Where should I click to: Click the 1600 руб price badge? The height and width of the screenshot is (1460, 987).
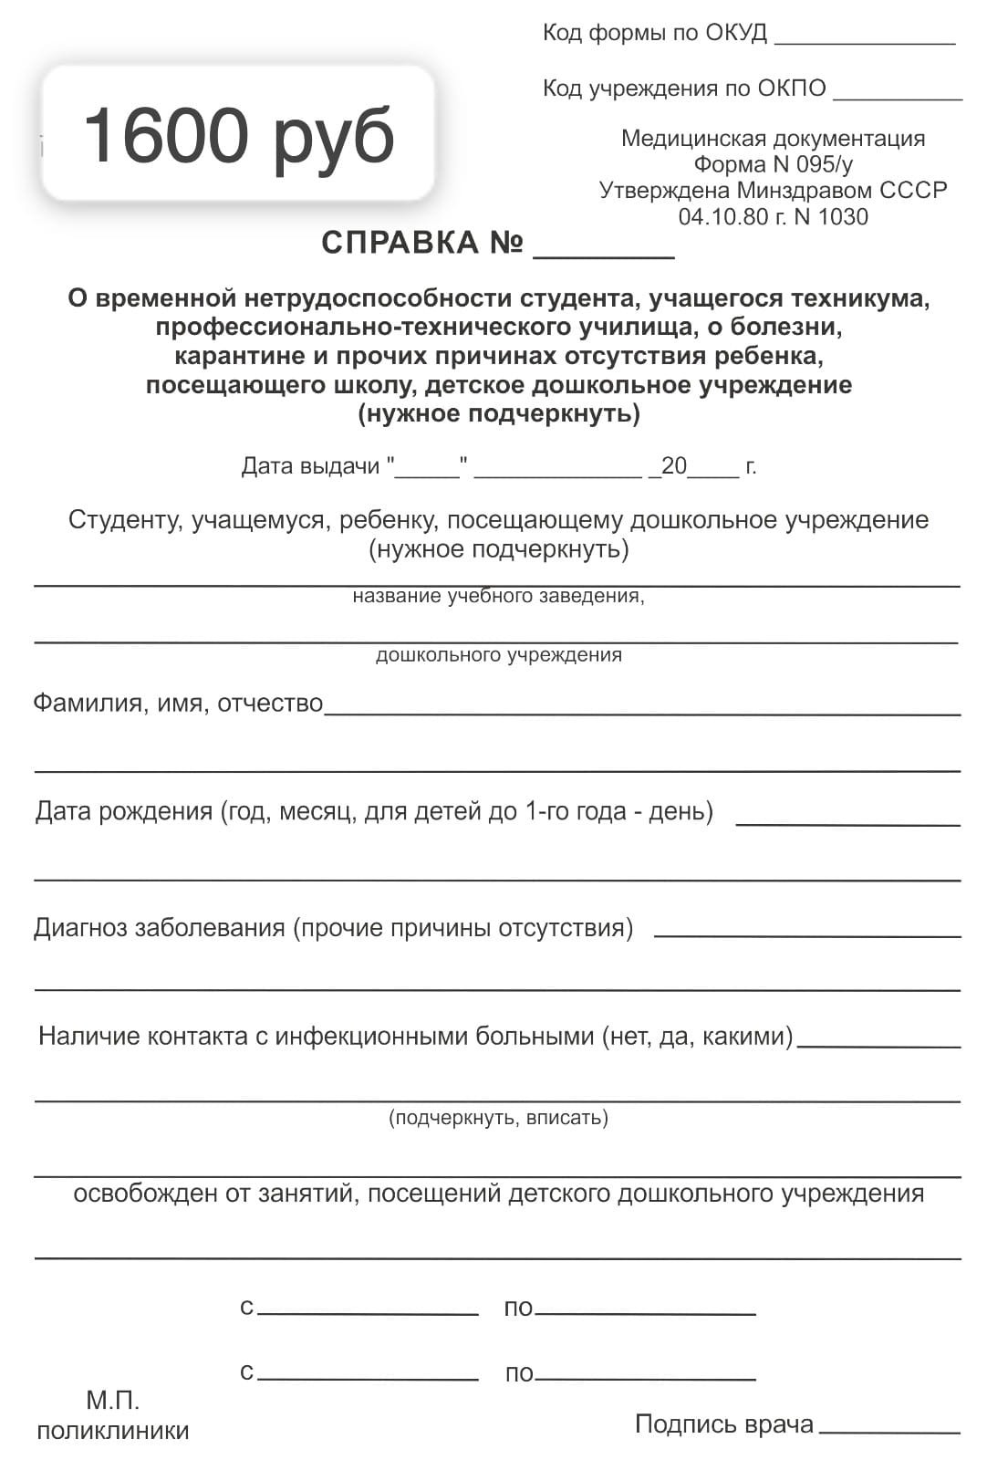click(238, 134)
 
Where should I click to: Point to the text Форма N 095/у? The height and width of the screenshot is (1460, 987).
click(773, 164)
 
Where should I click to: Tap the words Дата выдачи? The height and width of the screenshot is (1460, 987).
click(310, 466)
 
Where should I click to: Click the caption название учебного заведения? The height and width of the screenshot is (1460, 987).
click(498, 597)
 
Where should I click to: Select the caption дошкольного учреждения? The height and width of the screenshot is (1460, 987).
click(498, 655)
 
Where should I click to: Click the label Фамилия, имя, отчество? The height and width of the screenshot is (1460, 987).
click(178, 704)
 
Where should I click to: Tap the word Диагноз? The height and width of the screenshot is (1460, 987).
click(81, 928)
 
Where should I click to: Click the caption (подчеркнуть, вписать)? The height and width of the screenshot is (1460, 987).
click(498, 1118)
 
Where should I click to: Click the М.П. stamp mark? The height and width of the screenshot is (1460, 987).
click(113, 1400)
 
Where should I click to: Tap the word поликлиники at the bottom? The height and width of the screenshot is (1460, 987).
click(113, 1431)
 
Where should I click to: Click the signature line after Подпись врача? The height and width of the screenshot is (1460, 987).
click(889, 1430)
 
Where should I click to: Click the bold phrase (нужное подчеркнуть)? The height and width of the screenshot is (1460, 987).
click(499, 414)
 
